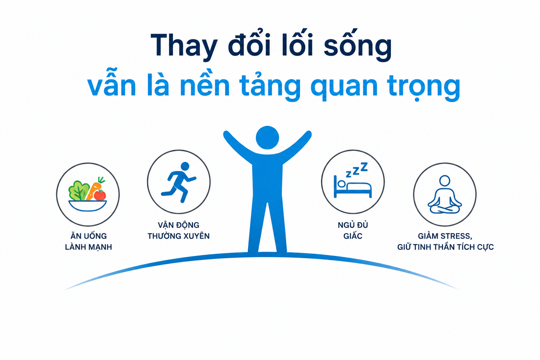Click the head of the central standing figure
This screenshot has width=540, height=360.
[x=267, y=138]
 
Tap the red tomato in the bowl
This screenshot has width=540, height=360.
[x=100, y=195]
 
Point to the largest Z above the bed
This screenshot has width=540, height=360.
[x=364, y=167]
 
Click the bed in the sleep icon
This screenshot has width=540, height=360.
[x=353, y=187]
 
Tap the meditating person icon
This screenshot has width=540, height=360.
[x=445, y=194]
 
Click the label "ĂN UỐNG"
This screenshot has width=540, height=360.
[x=89, y=236]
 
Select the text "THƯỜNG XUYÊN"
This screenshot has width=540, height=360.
[x=179, y=236]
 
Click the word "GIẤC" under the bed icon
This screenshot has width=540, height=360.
[x=353, y=236]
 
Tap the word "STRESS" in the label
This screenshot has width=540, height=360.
[x=456, y=236]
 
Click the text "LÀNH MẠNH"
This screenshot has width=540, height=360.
[x=89, y=247]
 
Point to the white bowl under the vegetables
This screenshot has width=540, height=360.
[x=88, y=206]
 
